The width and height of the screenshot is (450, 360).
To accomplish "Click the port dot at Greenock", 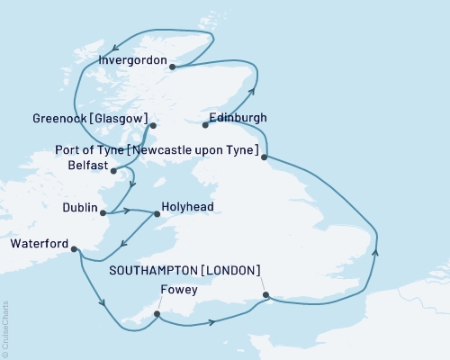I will tap(153, 126).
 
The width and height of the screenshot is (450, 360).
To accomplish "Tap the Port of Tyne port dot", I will tap(264, 158).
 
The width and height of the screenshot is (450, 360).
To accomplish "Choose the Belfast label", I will tap(87, 166).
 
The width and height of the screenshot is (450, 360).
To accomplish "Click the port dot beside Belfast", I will tap(113, 168).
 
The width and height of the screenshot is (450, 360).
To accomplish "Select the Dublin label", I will tap(80, 208).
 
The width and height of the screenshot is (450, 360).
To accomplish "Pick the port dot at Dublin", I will tap(103, 213).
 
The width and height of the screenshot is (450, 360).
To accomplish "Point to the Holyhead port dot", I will tap(157, 213).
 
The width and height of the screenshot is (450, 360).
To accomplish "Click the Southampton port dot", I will tap(265, 294).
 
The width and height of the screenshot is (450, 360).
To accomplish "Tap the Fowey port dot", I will tap(157, 314).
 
